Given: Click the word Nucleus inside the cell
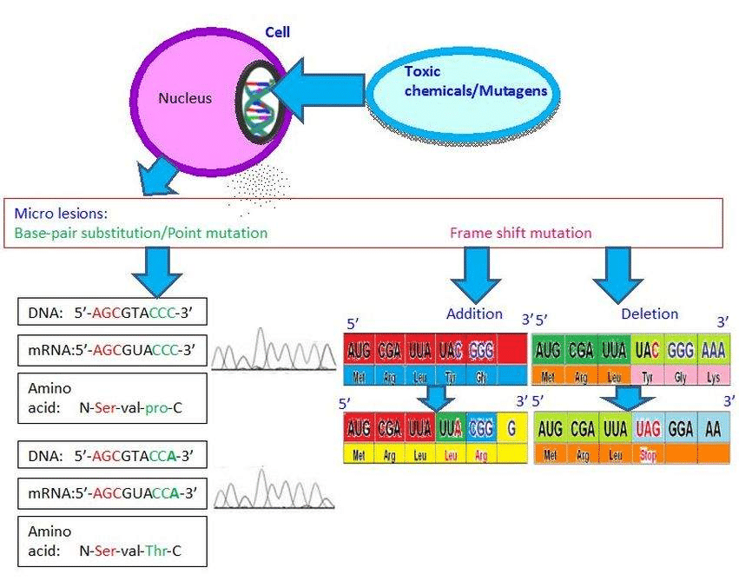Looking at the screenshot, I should (x=184, y=99).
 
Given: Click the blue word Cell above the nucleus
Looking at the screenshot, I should (x=277, y=32).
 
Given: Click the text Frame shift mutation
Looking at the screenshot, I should (x=520, y=233).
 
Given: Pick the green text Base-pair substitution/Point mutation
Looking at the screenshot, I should (x=141, y=233).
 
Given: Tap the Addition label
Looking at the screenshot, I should (x=474, y=314).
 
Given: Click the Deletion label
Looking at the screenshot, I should (x=650, y=314).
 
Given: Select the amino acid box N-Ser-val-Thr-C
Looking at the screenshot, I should (x=113, y=540).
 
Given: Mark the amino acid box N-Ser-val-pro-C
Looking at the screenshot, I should (x=113, y=398).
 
